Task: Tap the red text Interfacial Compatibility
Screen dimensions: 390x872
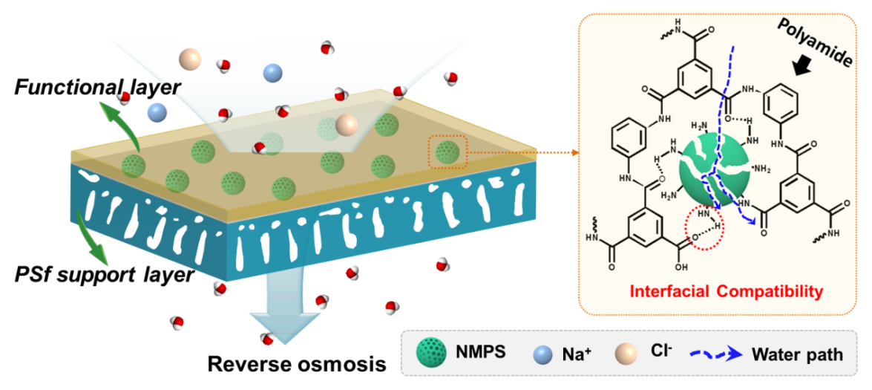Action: click(726, 291)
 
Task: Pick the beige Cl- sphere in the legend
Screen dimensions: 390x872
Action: click(625, 354)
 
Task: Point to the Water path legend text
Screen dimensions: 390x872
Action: click(797, 354)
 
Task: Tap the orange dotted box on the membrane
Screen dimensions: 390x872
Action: click(448, 152)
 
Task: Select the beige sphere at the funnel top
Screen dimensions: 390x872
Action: click(190, 58)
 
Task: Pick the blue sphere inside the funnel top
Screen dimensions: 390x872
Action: click(272, 73)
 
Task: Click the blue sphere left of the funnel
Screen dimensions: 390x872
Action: click(157, 112)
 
